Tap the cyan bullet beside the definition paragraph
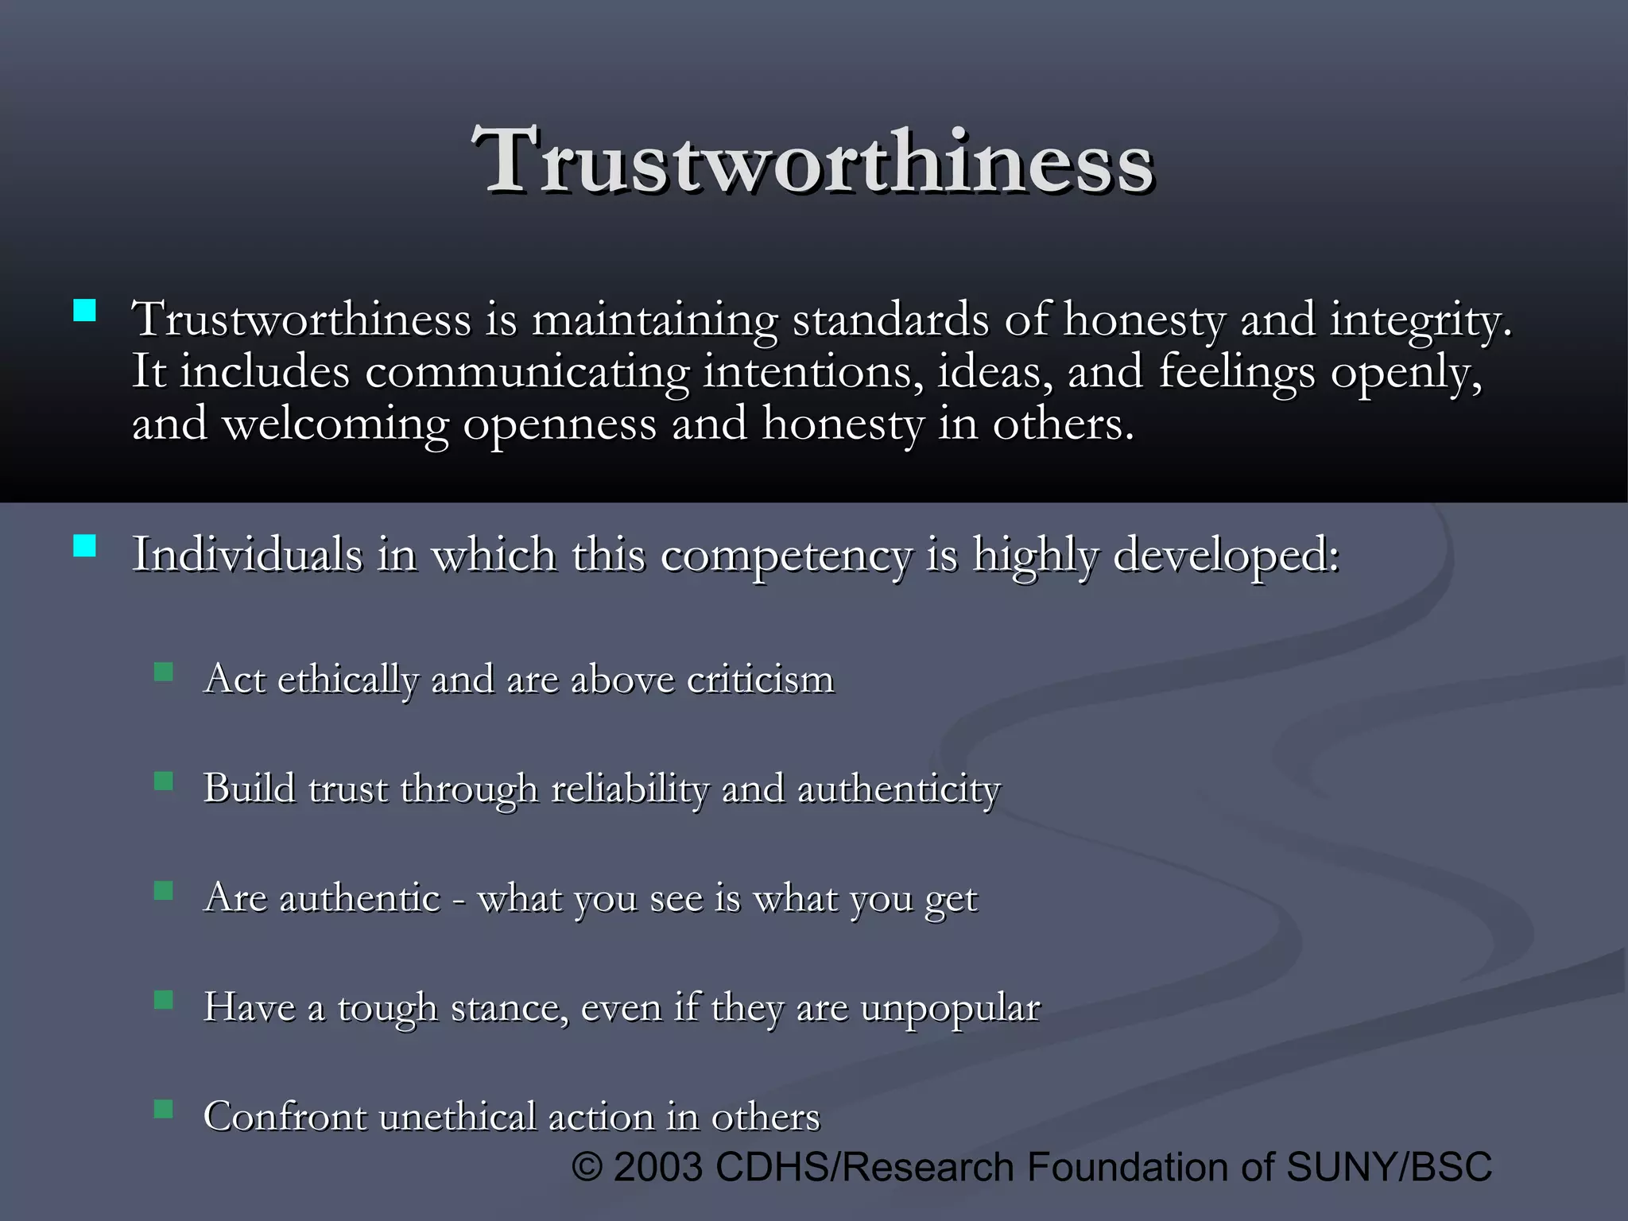84,310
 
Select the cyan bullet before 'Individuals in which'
84,546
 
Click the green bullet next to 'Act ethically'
164,673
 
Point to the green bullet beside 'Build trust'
164,781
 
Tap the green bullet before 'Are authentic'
164,890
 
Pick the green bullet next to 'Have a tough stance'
164,999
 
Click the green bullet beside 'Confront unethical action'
164,1108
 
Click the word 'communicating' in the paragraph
527,372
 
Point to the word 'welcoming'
335,424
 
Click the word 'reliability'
629,789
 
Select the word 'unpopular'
950,1008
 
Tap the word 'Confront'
284,1116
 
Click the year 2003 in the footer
658,1167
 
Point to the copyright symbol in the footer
587,1168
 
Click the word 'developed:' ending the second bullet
1226,555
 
